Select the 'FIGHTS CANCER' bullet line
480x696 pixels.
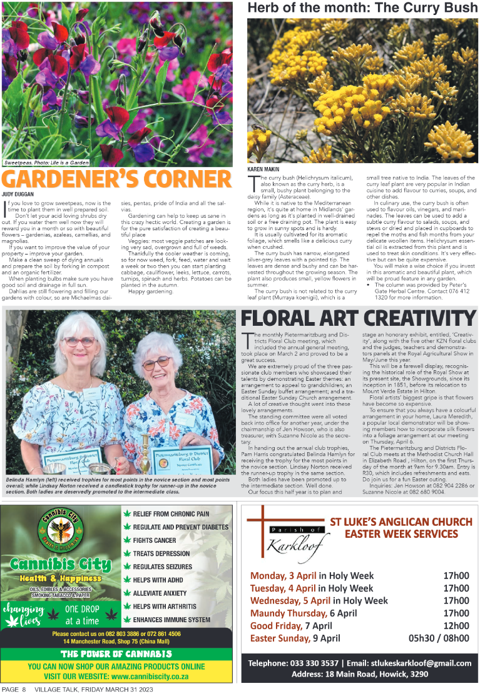point(154,540)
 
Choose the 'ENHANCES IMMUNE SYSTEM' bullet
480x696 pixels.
point(171,620)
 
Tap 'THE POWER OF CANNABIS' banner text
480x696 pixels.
point(121,654)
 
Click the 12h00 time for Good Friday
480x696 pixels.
point(456,625)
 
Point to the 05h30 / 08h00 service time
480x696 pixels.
point(438,638)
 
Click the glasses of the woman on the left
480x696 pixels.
point(79,341)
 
